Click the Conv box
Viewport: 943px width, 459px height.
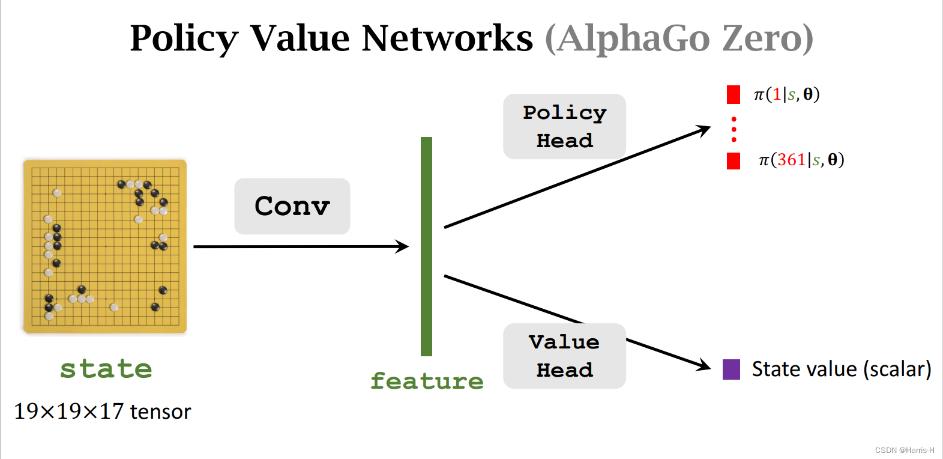point(292,206)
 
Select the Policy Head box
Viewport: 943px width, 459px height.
point(564,126)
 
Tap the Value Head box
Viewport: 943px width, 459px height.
point(564,356)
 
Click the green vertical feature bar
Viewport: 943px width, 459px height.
point(426,246)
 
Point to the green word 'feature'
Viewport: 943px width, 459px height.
point(427,381)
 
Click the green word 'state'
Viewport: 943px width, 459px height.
point(106,368)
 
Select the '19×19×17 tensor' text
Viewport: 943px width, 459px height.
point(102,412)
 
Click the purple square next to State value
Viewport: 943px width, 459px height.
point(731,369)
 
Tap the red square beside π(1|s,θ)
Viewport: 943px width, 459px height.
point(734,94)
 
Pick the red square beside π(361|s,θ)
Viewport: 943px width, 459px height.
point(734,160)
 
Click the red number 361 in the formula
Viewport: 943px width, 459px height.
point(791,160)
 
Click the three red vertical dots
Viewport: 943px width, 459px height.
point(734,129)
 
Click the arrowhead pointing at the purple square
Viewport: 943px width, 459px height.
point(703,365)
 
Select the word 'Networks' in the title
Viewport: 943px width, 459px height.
point(447,38)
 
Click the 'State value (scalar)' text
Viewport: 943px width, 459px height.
point(842,369)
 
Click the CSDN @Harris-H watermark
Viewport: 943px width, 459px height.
point(904,450)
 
